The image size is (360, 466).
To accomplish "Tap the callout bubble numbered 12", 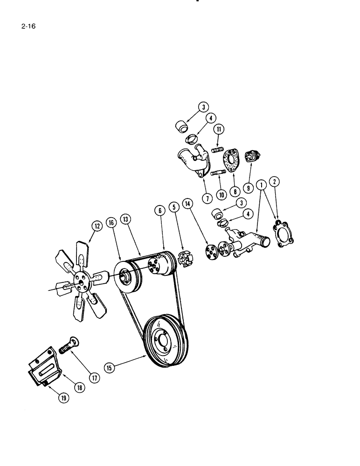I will click(x=97, y=227).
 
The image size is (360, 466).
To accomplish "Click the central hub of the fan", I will click(x=80, y=281).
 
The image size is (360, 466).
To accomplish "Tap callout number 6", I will click(x=160, y=211).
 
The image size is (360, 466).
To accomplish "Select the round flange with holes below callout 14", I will click(x=214, y=250).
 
